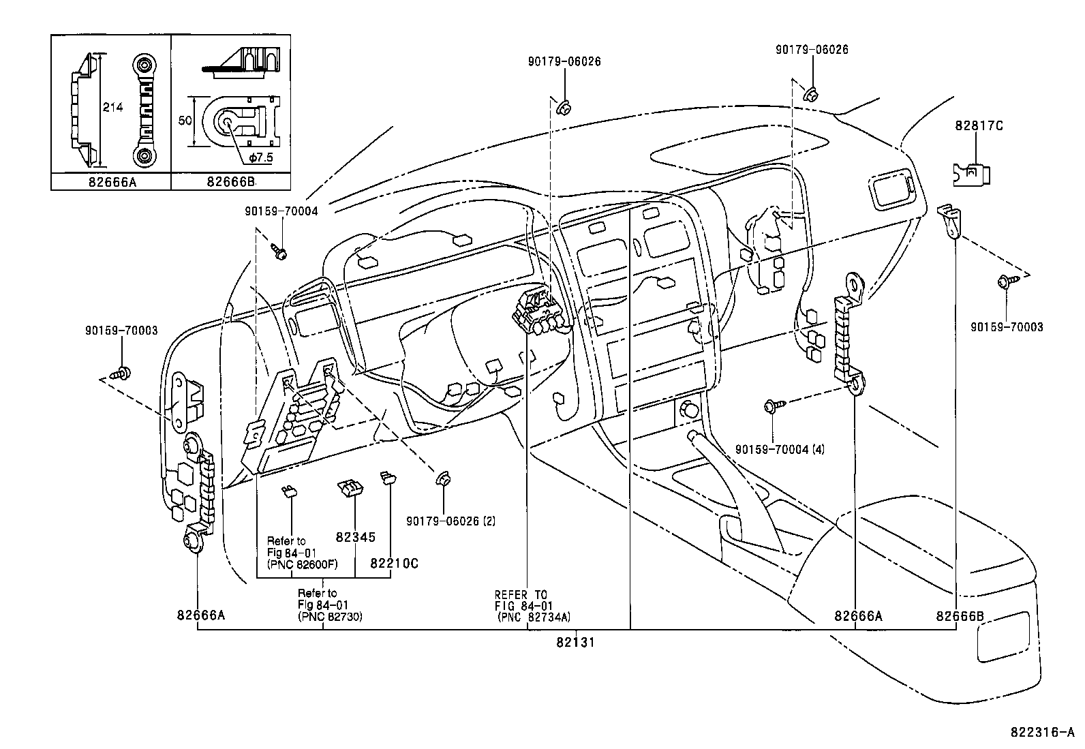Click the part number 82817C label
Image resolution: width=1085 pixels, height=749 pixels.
pos(978,125)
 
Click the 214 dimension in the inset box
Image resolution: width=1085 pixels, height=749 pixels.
pos(112,107)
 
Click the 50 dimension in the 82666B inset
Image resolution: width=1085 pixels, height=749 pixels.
pos(184,120)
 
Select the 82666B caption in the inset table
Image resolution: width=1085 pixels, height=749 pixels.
pos(230,182)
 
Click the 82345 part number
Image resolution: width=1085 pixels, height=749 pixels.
pos(355,537)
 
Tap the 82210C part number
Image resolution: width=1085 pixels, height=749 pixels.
pos(394,564)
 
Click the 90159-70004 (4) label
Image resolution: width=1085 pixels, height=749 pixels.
pos(780,450)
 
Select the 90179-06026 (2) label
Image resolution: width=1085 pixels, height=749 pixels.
pos(450,521)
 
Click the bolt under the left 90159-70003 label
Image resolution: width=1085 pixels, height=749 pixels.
pos(123,373)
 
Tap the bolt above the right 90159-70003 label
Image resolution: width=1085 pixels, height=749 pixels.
pos(1005,280)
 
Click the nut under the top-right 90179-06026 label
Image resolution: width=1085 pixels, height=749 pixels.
pos(811,93)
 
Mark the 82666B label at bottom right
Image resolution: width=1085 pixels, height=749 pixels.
pos(960,616)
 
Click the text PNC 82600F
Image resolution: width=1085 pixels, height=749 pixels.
pos(303,564)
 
